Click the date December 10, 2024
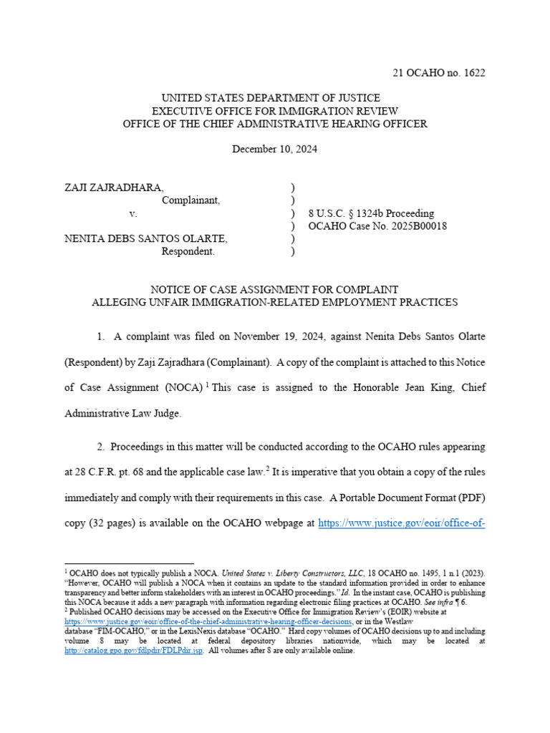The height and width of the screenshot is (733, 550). coord(275,150)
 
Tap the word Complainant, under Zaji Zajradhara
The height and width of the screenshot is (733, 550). coord(191,200)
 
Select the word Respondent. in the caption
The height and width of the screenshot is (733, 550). coord(188,251)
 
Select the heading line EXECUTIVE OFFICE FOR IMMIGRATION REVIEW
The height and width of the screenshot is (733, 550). coord(275,111)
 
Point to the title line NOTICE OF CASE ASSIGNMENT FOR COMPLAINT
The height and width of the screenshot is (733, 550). coord(275,289)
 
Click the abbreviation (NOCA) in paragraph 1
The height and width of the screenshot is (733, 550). coord(182,387)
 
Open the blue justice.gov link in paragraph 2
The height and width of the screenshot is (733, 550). coord(402,523)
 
